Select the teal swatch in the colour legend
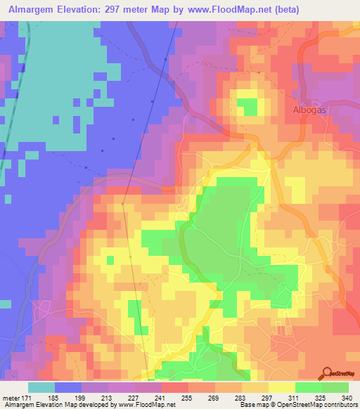41,387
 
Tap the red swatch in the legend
175,387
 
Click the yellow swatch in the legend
282,387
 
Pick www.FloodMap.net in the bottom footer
148,405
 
